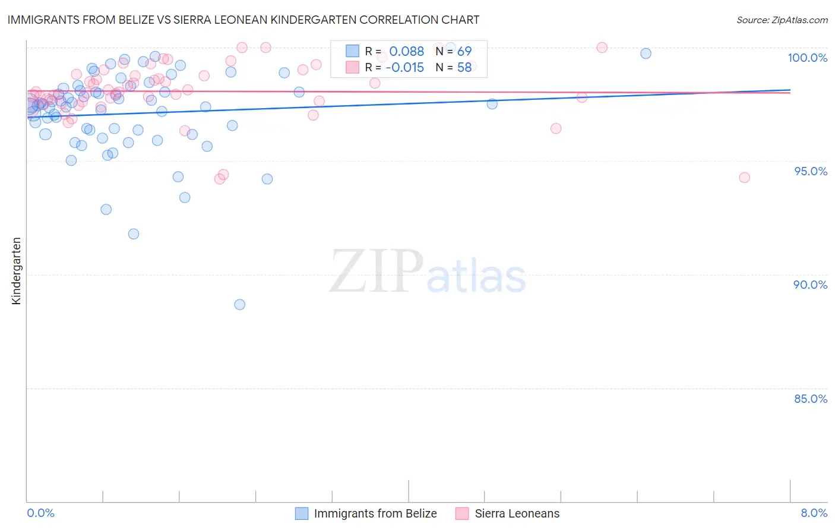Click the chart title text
(x=243, y=20)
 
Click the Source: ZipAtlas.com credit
(x=782, y=20)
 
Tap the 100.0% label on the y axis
(x=807, y=58)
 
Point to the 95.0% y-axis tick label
(x=810, y=171)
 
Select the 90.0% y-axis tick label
(x=810, y=285)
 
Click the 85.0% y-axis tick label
(x=810, y=399)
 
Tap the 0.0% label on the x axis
(x=40, y=513)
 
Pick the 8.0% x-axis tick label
(x=814, y=513)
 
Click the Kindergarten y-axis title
(x=16, y=271)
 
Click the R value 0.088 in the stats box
(x=406, y=52)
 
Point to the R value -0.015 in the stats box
(x=404, y=68)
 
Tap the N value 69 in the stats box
(x=464, y=52)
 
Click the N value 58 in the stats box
(x=464, y=68)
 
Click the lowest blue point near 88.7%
(x=240, y=305)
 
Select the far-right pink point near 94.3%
(x=744, y=178)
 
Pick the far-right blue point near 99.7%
(x=646, y=53)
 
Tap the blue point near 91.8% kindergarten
(x=134, y=234)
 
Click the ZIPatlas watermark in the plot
(x=428, y=272)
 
